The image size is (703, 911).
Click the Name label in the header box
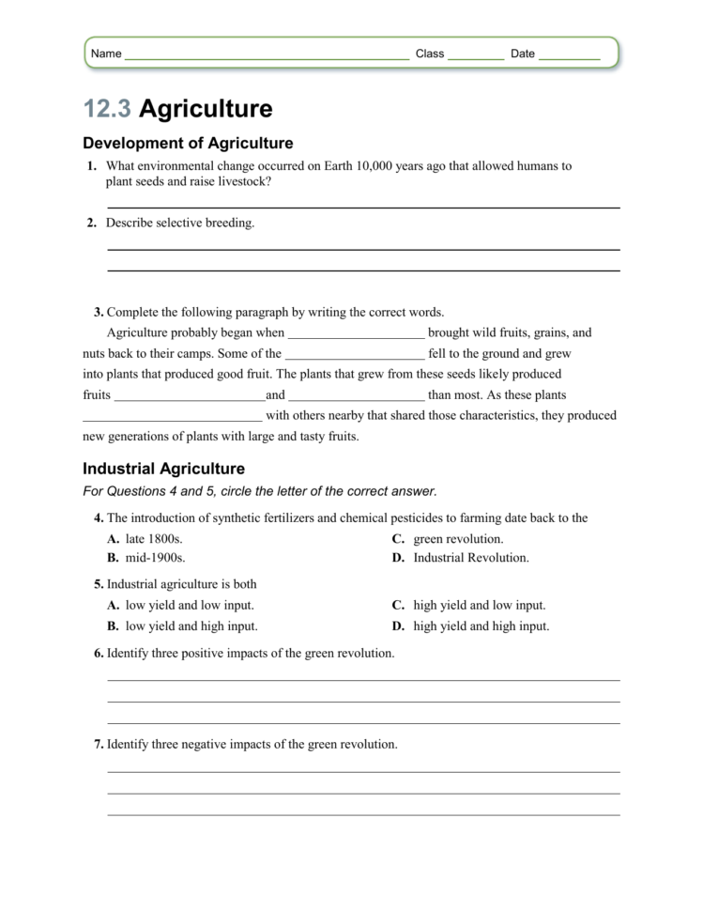(106, 54)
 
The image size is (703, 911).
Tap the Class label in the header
(430, 54)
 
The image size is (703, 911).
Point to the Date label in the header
(523, 54)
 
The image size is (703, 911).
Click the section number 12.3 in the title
(106, 110)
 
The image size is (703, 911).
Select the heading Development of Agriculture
(188, 144)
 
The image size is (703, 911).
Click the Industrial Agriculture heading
(163, 469)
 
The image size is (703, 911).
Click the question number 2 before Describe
(91, 224)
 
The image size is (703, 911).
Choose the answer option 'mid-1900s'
(155, 557)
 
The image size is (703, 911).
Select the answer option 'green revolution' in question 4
(458, 539)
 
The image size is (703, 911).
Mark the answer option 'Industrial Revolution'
(471, 557)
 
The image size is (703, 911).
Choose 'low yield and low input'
(190, 606)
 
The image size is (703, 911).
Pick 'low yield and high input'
(191, 625)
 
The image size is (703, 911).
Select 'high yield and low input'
(479, 606)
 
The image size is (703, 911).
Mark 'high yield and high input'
(481, 625)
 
